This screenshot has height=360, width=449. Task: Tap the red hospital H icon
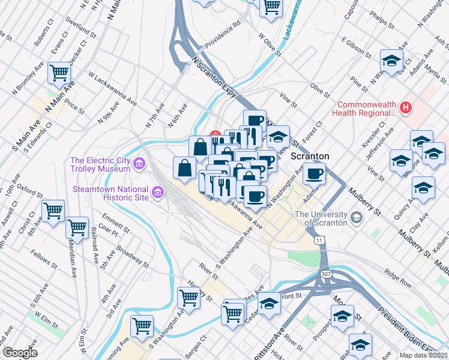pyautogui.click(x=406, y=107)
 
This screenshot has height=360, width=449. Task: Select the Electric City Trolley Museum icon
pyautogui.click(x=139, y=163)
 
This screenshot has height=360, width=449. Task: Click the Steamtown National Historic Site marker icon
pyautogui.click(x=158, y=192)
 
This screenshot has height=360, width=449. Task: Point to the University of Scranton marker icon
pyautogui.click(x=357, y=217)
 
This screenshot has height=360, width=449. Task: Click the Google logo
pyautogui.click(x=19, y=353)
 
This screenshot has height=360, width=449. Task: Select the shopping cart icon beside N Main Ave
pyautogui.click(x=59, y=73)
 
